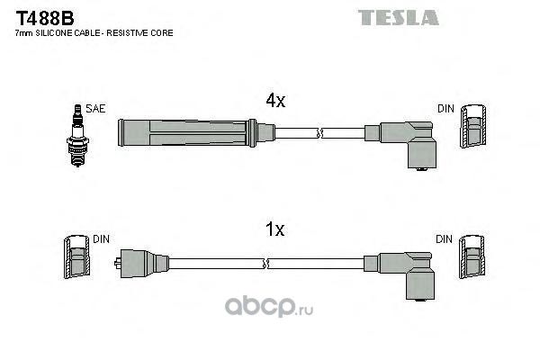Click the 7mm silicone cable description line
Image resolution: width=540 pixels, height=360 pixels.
coord(94,34)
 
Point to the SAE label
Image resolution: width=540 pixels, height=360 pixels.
coord(96,109)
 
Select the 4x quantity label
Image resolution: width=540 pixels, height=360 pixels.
coord(274,102)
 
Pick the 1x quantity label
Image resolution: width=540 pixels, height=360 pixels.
coord(274,229)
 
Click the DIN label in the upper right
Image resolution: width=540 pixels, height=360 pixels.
coord(446,109)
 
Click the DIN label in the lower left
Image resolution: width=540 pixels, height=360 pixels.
coord(102,239)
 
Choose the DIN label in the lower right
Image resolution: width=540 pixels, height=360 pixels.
coord(446,239)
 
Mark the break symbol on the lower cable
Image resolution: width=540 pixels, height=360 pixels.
coord(266,263)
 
